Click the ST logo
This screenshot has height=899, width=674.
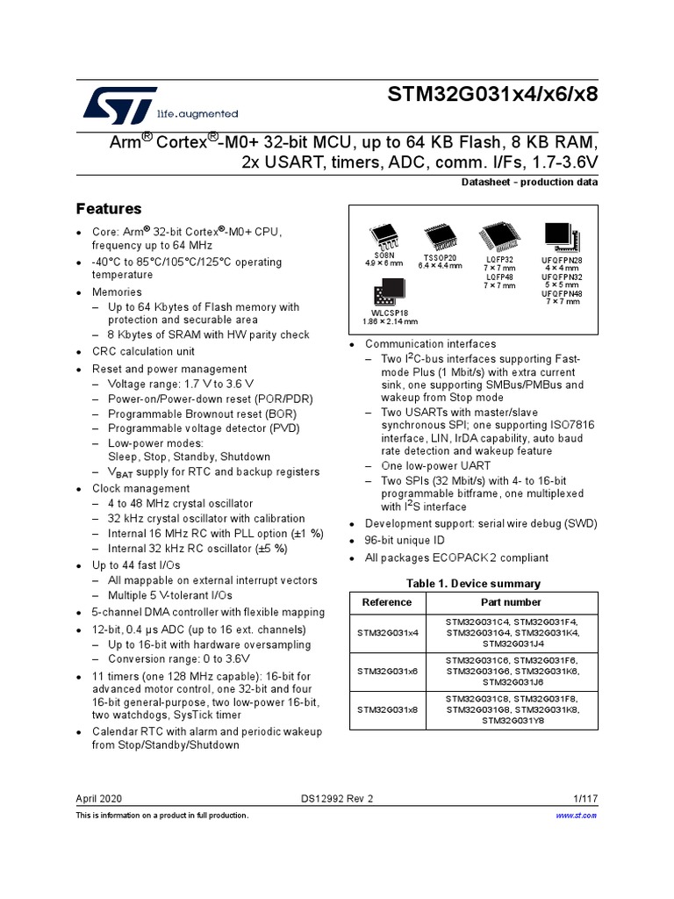click(x=120, y=104)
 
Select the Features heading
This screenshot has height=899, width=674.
click(x=109, y=209)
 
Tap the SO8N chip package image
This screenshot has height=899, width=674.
click(x=384, y=236)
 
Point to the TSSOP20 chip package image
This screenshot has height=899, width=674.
click(x=439, y=236)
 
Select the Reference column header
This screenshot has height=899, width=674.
click(x=386, y=602)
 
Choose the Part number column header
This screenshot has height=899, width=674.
click(x=511, y=602)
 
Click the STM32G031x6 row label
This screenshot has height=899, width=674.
click(x=387, y=669)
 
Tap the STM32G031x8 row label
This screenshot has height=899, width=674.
click(x=387, y=708)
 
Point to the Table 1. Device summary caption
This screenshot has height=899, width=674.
click(x=473, y=584)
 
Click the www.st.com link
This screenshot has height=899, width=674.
click(x=577, y=816)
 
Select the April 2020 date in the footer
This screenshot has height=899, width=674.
click(x=99, y=799)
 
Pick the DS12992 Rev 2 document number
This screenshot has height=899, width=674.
click(x=337, y=799)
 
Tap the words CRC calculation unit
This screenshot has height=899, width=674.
click(x=143, y=351)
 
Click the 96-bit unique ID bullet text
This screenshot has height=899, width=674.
click(x=405, y=540)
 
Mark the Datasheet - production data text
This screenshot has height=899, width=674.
click(x=529, y=183)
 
